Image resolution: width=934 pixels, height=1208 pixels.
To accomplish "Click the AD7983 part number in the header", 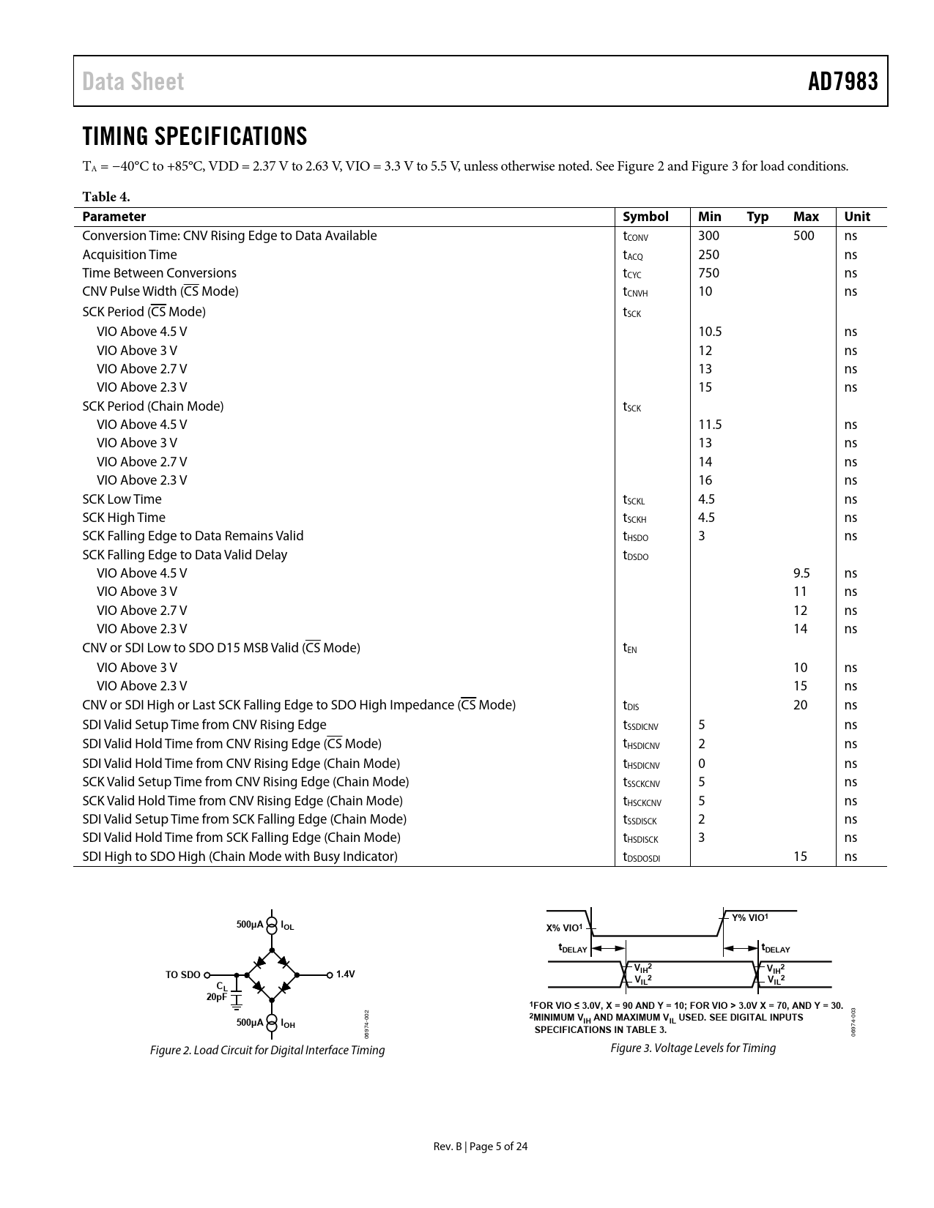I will click(842, 81).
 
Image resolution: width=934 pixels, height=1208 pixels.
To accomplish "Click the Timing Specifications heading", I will click(195, 136).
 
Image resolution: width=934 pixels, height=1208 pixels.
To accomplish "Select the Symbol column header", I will click(645, 217).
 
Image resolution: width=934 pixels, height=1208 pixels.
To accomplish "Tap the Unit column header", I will click(857, 217).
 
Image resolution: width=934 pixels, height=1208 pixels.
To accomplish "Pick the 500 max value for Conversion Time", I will click(804, 236).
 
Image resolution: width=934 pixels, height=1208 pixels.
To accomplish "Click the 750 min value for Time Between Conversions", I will click(708, 273).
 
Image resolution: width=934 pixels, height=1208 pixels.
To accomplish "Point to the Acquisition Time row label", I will click(130, 255).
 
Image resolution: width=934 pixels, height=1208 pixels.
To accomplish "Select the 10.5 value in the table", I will click(710, 332).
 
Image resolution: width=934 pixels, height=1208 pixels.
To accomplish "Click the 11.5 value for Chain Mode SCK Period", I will click(710, 425).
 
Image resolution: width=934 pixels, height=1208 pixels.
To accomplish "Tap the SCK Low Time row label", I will click(122, 499).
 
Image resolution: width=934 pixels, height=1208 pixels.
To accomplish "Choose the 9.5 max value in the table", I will click(801, 573).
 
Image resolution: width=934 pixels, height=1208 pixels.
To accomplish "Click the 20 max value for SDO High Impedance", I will click(800, 705).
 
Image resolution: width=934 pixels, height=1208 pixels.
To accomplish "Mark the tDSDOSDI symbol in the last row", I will click(641, 857).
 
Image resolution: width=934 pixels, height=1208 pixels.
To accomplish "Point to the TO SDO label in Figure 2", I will click(182, 975).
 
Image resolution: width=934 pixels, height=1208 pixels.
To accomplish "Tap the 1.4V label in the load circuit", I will click(345, 974).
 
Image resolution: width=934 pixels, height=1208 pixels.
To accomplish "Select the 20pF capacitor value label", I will click(217, 996).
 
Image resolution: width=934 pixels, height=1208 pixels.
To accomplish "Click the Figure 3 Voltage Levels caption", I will click(693, 1048).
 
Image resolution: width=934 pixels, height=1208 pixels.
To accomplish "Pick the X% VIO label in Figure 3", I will click(564, 928).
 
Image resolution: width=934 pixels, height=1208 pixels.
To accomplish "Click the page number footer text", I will click(481, 1147).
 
